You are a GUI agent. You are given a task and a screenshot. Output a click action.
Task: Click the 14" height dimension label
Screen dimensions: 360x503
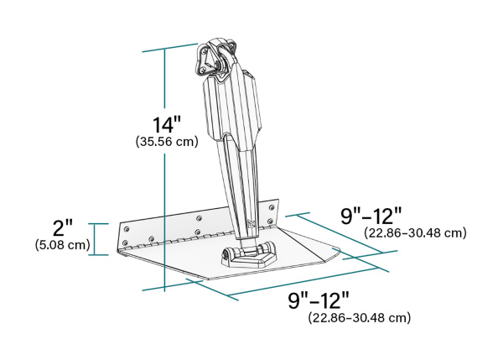click(x=167, y=124)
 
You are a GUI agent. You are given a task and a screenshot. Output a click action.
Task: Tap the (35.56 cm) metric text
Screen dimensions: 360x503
click(x=167, y=142)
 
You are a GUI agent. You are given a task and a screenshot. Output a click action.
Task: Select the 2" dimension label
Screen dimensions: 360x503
click(x=63, y=227)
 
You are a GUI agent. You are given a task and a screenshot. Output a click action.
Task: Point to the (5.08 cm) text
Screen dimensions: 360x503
click(x=63, y=245)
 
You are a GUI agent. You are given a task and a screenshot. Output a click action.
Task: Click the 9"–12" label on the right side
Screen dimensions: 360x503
click(x=372, y=216)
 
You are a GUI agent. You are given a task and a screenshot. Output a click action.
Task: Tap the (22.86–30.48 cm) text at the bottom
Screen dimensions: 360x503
click(x=360, y=318)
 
